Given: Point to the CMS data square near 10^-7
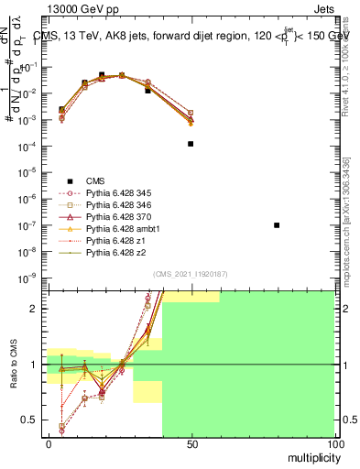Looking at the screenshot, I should coord(277,224).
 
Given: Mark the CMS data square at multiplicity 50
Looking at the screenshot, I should coord(191,144).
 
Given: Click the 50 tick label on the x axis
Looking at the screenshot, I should coord(191,443).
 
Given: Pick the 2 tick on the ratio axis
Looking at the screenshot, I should coord(37,309).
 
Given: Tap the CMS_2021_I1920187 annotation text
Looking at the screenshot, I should coord(191,273).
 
